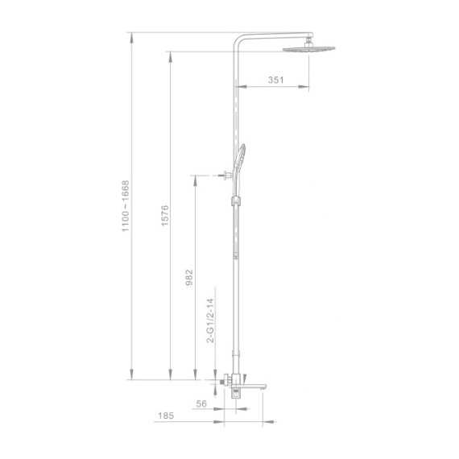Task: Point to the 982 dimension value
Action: pyautogui.click(x=190, y=277)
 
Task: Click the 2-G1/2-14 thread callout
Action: pyautogui.click(x=210, y=321)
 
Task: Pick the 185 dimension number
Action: pyautogui.click(x=165, y=416)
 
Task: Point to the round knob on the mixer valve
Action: pyautogui.click(x=217, y=378)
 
